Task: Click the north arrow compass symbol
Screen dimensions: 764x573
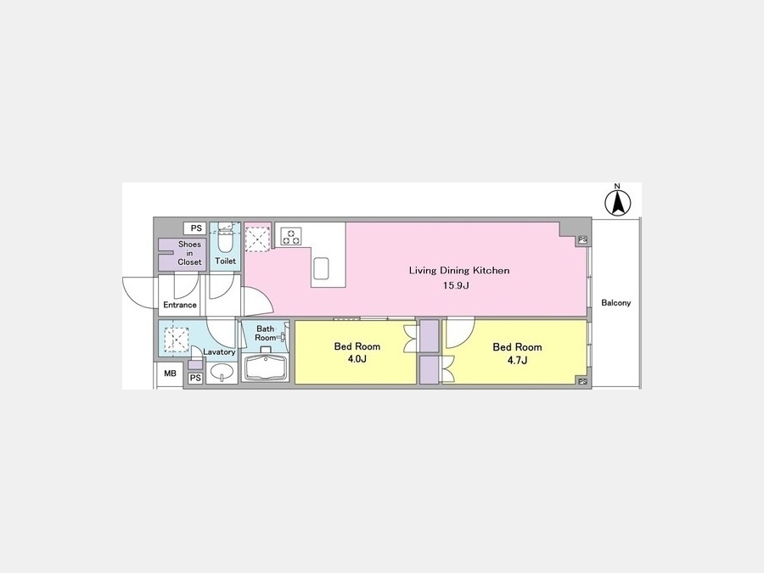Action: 617,202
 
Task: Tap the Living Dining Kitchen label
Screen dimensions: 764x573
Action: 459,271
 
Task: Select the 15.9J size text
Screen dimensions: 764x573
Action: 456,285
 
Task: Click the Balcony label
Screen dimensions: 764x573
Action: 616,302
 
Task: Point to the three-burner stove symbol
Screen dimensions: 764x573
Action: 291,236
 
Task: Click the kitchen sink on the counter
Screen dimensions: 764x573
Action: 321,268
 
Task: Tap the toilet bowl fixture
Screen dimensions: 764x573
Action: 225,238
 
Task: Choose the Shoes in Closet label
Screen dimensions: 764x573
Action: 189,253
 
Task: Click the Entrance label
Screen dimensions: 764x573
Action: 180,305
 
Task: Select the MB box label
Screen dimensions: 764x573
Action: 170,374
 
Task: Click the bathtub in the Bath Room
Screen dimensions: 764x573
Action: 266,368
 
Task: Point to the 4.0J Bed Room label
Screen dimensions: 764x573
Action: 357,353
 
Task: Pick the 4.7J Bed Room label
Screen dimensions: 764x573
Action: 517,353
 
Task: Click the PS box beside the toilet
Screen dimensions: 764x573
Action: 196,228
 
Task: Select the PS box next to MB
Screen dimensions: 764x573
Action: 195,378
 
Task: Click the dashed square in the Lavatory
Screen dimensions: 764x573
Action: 177,340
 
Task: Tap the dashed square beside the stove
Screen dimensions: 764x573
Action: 257,239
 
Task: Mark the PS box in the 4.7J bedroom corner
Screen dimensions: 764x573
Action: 582,381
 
